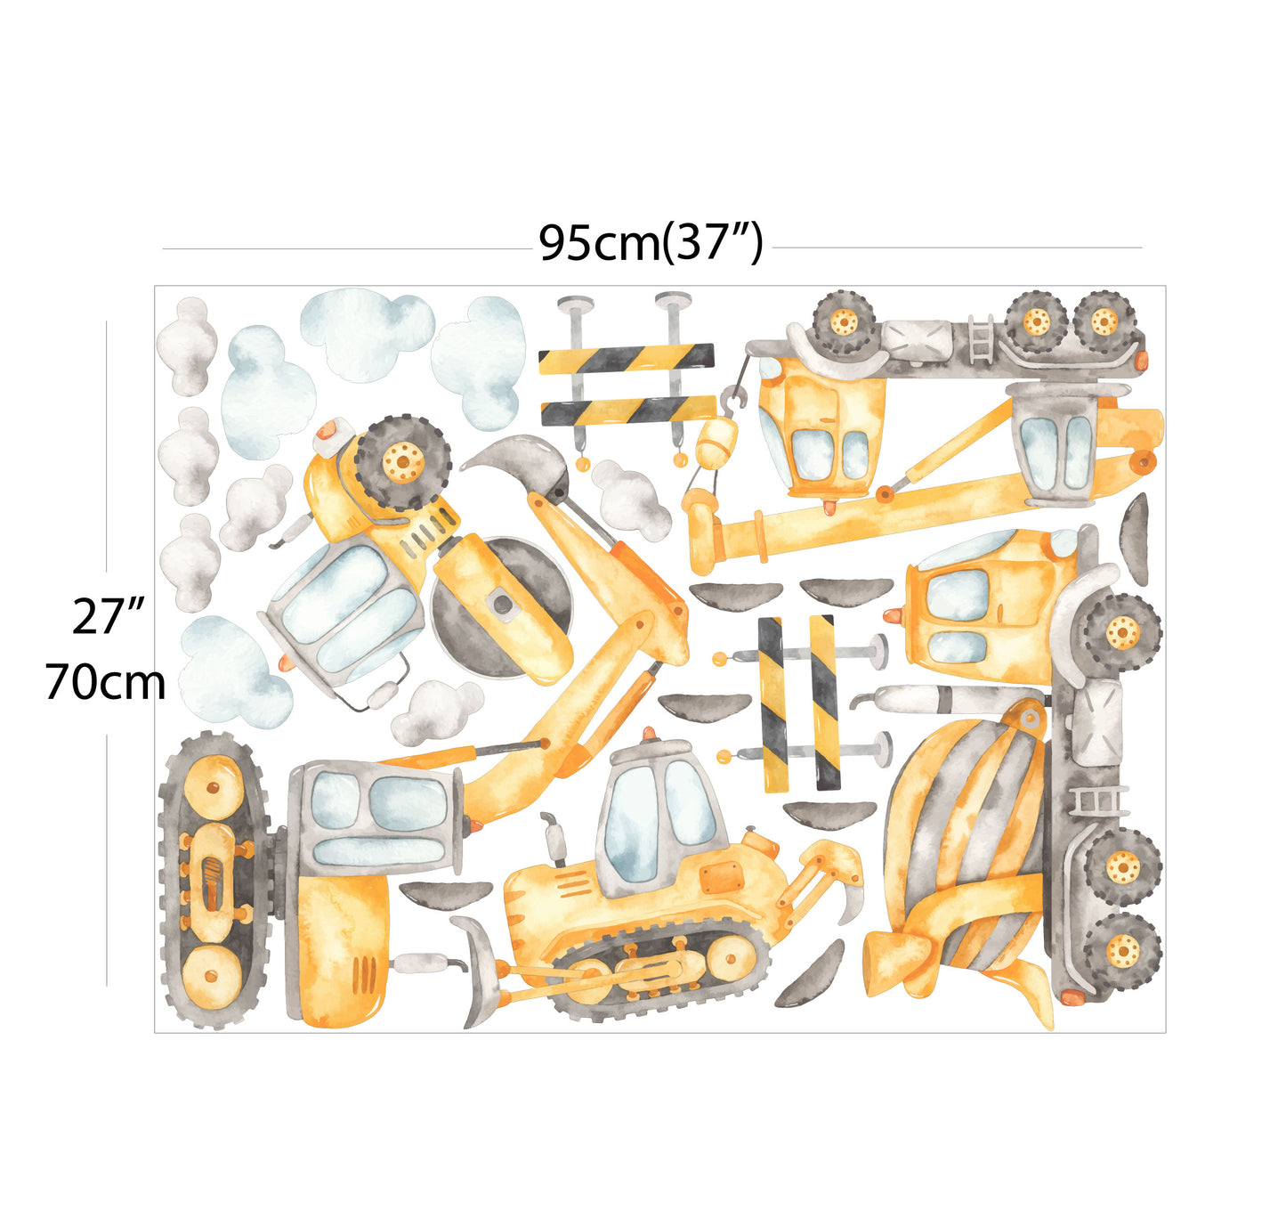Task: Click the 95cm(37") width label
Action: pos(651,243)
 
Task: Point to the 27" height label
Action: pos(108,616)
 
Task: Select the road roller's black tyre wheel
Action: pos(402,462)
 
